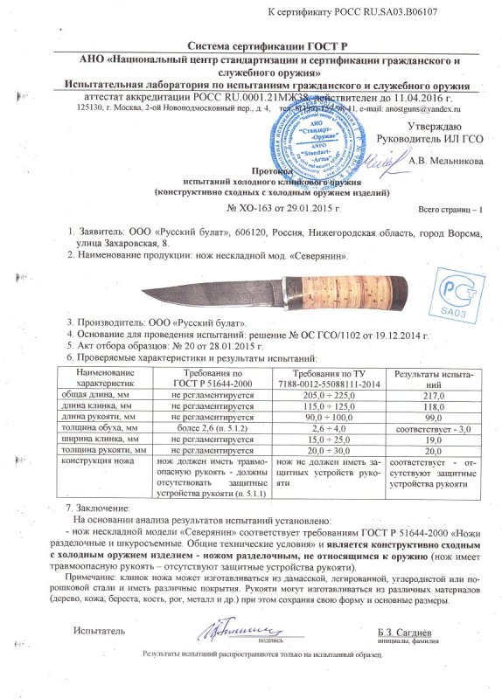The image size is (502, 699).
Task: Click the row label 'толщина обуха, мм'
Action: click(x=105, y=429)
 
